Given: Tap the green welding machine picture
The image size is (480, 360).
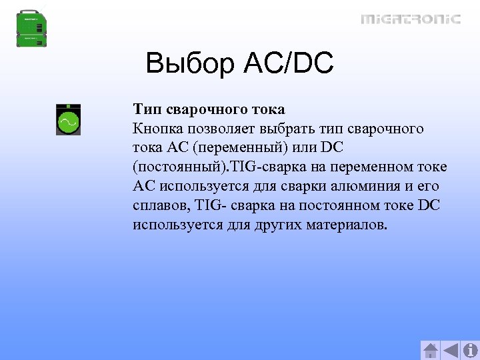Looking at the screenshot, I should pyautogui.click(x=31, y=29).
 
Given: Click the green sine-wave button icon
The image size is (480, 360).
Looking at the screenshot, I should pyautogui.click(x=68, y=121).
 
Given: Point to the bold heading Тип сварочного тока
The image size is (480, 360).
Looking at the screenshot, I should pyautogui.click(x=209, y=109).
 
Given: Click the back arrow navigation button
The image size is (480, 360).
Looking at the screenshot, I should pyautogui.click(x=451, y=350).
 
